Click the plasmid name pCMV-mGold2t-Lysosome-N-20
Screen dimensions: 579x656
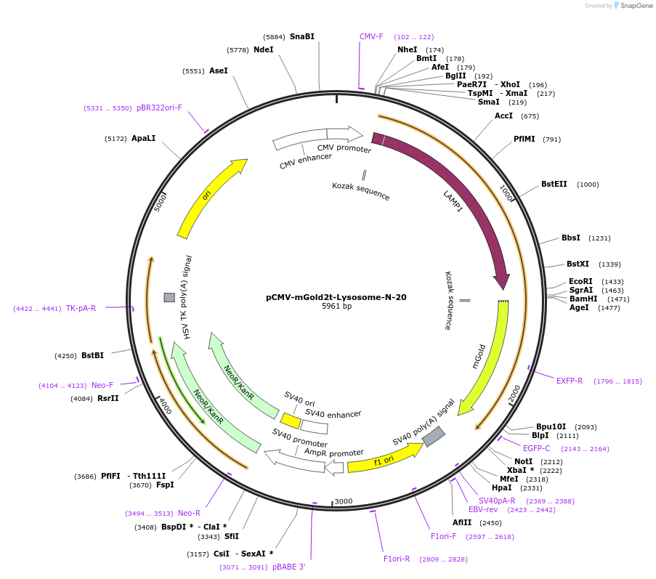click(336, 297)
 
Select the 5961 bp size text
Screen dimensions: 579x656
click(336, 307)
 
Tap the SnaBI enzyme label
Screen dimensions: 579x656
click(302, 36)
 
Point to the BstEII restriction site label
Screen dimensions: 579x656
click(554, 185)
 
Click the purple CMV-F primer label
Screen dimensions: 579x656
click(371, 36)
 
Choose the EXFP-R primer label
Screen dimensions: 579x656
click(570, 381)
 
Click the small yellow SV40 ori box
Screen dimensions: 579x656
click(291, 421)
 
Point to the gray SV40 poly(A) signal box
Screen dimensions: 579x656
click(434, 436)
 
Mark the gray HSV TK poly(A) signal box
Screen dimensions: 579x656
click(169, 297)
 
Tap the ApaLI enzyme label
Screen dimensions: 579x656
click(144, 138)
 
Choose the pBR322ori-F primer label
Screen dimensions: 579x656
click(159, 108)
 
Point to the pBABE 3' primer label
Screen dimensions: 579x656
click(288, 567)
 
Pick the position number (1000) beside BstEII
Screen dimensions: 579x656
click(588, 185)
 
